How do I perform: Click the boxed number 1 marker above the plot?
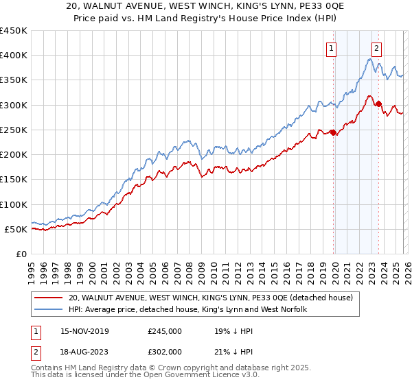[x=332, y=48]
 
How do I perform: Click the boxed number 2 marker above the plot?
[x=377, y=48]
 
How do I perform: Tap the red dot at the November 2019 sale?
[x=334, y=132]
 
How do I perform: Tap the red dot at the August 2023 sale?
[x=378, y=104]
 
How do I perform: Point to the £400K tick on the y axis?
[x=14, y=56]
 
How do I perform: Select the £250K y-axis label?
[x=14, y=130]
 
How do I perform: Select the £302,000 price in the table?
[x=165, y=351]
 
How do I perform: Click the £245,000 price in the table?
[x=165, y=331]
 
